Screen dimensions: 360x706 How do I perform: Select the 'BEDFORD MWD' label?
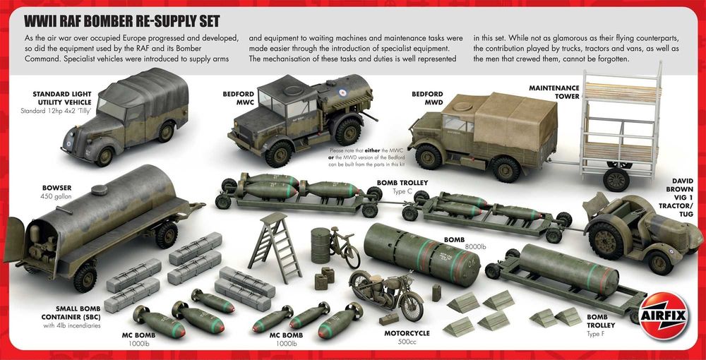coord(427,99)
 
